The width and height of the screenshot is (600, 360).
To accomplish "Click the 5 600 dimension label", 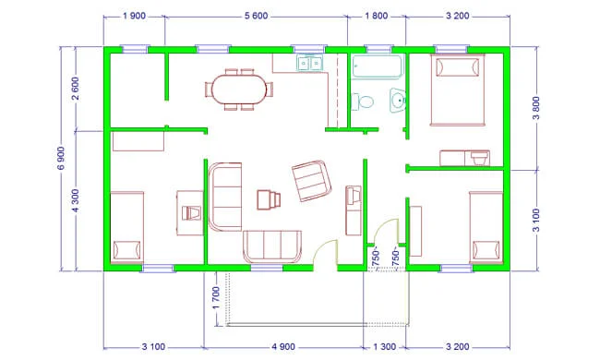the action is [x=256, y=16].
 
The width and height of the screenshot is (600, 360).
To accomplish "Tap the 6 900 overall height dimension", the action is [x=61, y=158].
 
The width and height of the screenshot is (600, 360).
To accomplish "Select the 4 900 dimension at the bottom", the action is [x=283, y=346].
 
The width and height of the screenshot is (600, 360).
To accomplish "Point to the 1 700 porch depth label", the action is [x=216, y=298].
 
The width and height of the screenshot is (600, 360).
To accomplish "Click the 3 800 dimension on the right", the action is [x=536, y=108].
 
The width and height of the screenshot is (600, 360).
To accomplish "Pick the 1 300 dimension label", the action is [x=384, y=346].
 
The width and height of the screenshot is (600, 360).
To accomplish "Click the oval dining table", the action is [x=240, y=90].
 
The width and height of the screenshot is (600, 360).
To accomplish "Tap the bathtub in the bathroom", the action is [x=378, y=66].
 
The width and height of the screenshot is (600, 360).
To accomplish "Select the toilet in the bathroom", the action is [x=363, y=102].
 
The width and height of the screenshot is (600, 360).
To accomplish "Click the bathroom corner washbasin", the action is [x=398, y=100].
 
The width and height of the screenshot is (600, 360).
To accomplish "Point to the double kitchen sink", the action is [x=309, y=63].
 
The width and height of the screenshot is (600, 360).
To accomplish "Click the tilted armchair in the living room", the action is [x=311, y=181].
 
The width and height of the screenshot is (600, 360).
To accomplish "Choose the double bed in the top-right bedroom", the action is [x=457, y=90].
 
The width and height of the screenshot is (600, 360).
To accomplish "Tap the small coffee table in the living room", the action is [x=269, y=199].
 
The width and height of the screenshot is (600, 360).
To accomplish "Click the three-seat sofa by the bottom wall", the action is [x=272, y=246].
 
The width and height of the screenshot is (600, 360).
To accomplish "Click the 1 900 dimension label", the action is [x=134, y=16].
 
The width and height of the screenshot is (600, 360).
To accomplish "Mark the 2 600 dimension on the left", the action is [x=76, y=89].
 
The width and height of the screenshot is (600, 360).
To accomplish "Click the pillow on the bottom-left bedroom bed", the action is [x=126, y=250].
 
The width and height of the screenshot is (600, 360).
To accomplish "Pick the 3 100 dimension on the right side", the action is [x=536, y=220].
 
